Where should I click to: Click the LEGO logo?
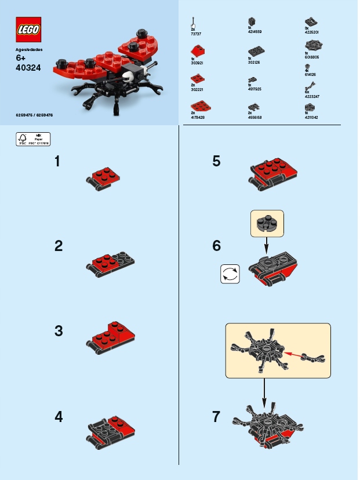point(28,30)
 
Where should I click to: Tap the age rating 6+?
point(21,58)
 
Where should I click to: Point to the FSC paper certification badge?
point(33,139)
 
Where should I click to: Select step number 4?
point(58,416)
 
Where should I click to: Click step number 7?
point(217,416)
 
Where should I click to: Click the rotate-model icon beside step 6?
point(230,274)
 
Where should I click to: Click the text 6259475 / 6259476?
point(34,115)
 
